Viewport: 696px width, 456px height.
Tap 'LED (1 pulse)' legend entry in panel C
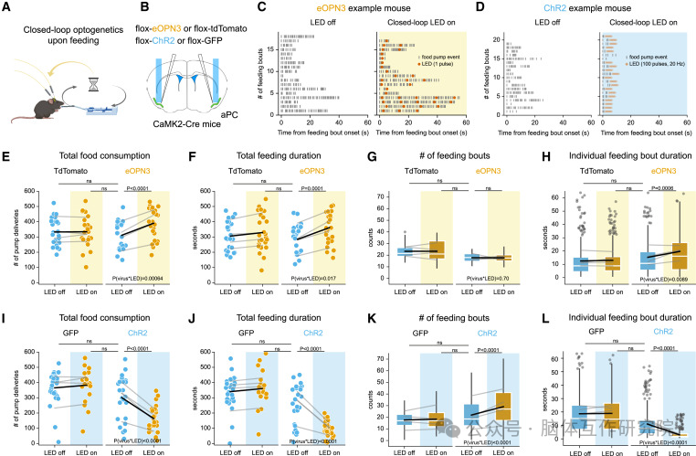point(442,63)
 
